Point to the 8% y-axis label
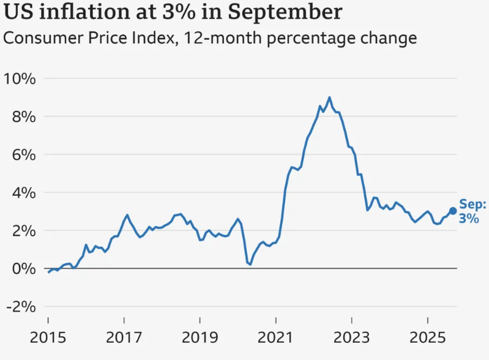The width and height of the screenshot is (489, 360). [23, 117]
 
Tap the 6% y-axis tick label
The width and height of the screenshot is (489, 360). [23, 155]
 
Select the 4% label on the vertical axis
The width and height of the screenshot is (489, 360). [23, 193]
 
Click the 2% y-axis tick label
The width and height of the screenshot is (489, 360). [23, 231]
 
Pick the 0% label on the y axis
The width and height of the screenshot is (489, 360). [23, 269]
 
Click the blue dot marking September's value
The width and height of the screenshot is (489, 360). [453, 211]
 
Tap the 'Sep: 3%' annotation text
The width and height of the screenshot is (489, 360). [472, 211]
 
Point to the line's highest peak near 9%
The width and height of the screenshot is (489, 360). [329, 97]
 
